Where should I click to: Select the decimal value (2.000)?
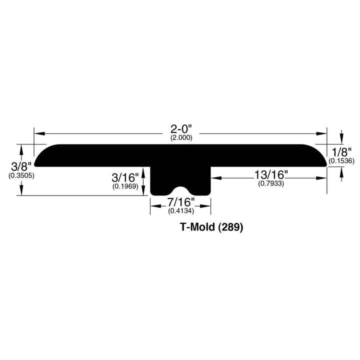pyautogui.click(x=180, y=138)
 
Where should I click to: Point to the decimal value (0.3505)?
pyautogui.click(x=21, y=175)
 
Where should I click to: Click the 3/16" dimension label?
pyautogui.click(x=125, y=177)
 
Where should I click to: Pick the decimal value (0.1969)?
pyautogui.click(x=125, y=186)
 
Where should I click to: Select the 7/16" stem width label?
pyautogui.click(x=180, y=203)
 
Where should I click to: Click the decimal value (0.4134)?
pyautogui.click(x=180, y=211)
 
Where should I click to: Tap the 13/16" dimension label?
pyautogui.click(x=271, y=175)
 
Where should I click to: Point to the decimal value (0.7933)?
pyautogui.click(x=271, y=183)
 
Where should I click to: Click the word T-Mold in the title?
pyautogui.click(x=197, y=227)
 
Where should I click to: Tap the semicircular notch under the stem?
pyautogui.click(x=180, y=191)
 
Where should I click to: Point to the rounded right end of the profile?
pyautogui.click(x=321, y=156)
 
